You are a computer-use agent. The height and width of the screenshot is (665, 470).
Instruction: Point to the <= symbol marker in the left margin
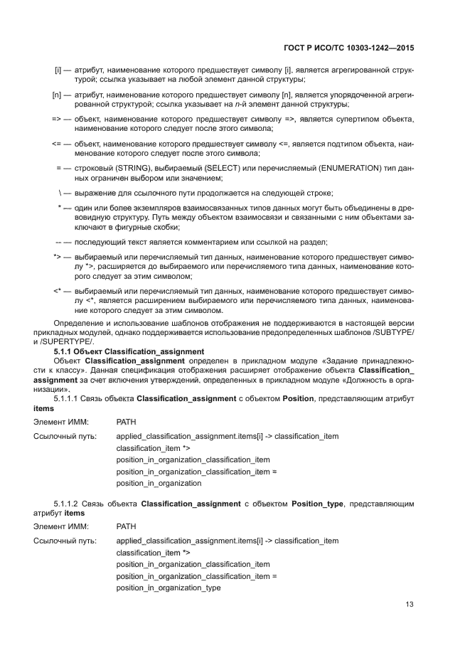[x=56, y=144]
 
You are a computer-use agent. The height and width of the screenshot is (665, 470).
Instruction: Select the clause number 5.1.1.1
[x=68, y=398]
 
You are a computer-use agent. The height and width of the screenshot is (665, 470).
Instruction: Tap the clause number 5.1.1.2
[x=68, y=504]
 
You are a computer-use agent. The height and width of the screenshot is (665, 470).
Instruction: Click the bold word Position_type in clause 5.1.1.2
[x=317, y=504]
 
